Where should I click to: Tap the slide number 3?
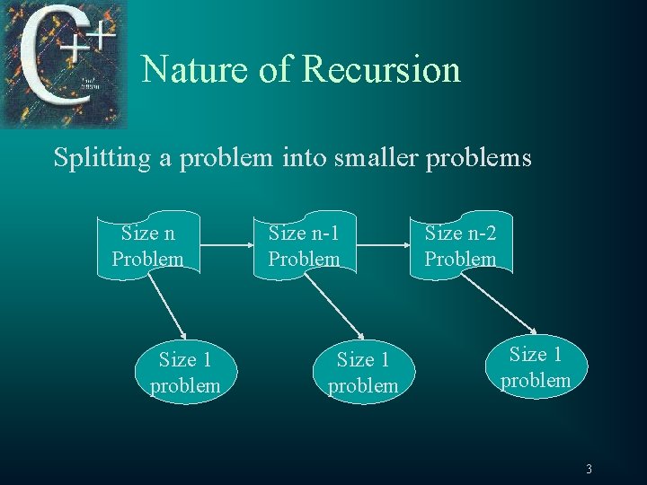(589, 468)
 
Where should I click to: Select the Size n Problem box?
(147, 246)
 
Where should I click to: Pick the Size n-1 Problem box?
(304, 246)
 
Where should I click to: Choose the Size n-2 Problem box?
(460, 246)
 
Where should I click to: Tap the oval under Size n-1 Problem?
(362, 373)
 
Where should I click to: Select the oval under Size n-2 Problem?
(536, 367)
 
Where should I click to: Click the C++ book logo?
(64, 64)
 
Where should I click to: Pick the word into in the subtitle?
(303, 159)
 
